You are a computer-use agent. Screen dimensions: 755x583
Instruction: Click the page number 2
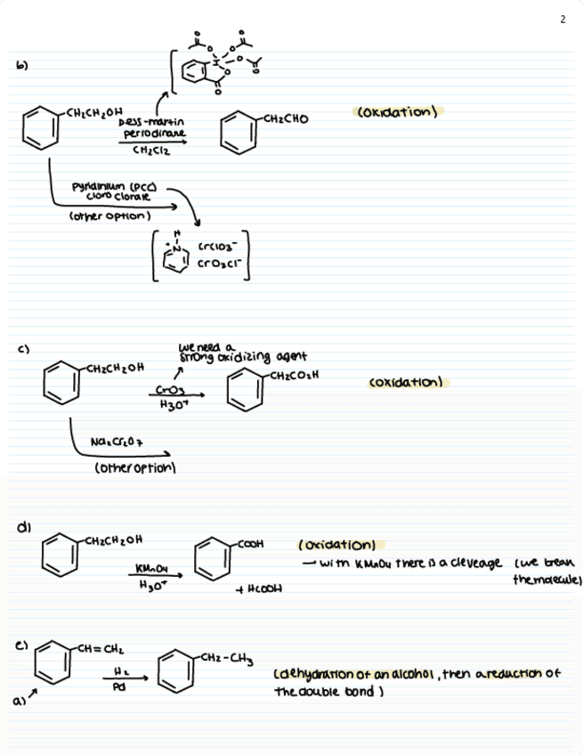pyautogui.click(x=563, y=20)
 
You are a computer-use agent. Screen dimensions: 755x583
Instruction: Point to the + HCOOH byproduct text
pyautogui.click(x=260, y=597)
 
